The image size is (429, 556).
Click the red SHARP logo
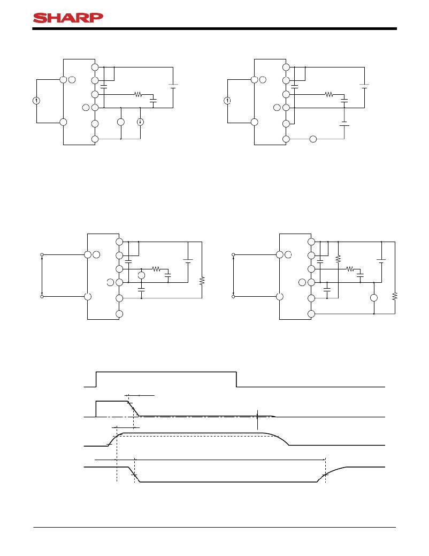coord(67,18)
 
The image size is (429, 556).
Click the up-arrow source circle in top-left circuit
coord(36,101)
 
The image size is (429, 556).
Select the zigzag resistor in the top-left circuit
coord(137,94)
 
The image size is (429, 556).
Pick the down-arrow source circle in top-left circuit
coord(140,122)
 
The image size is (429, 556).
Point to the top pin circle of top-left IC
coord(95,67)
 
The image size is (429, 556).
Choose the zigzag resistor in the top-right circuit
coord(328,94)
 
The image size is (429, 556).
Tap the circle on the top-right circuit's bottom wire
coord(313,140)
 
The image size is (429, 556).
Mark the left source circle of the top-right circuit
coord(227,101)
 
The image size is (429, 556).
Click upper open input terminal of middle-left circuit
coord(42,255)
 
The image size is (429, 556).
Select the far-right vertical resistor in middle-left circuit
coord(202,281)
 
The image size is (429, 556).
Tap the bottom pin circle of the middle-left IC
coord(119,313)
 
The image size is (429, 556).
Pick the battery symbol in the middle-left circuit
coord(188,261)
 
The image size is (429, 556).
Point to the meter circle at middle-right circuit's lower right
coord(374,298)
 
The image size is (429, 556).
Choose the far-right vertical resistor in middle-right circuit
coord(394,296)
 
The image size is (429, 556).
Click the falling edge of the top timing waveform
coord(237,379)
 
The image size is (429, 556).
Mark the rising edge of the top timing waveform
coord(96,379)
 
